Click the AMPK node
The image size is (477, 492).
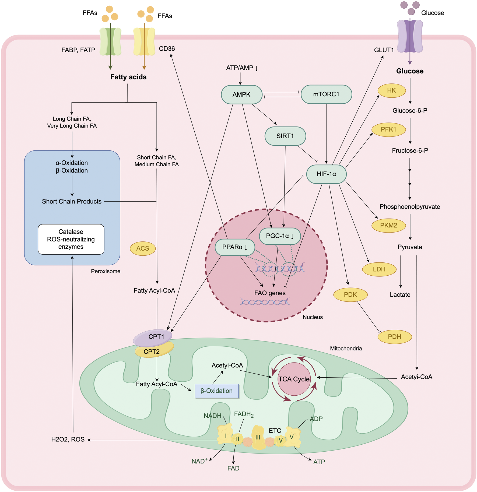pyautogui.click(x=241, y=94)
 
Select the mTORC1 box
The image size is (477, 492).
pyautogui.click(x=326, y=94)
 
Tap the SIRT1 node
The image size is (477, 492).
pyautogui.click(x=285, y=136)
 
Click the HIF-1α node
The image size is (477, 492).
pyautogui.click(x=326, y=174)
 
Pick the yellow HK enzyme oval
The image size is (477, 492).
pyautogui.click(x=391, y=90)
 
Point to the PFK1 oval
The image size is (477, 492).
pyautogui.click(x=388, y=129)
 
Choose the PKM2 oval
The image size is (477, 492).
pyautogui.click(x=388, y=225)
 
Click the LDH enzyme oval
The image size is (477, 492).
pyautogui.click(x=379, y=269)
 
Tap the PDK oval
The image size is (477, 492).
pyautogui.click(x=350, y=295)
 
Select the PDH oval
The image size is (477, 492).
pyautogui.click(x=394, y=337)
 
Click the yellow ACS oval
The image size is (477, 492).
pyautogui.click(x=143, y=248)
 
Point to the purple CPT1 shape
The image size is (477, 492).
pyautogui.click(x=153, y=338)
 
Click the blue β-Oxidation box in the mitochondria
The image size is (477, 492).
pyautogui.click(x=217, y=391)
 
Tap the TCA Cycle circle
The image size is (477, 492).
pyautogui.click(x=294, y=379)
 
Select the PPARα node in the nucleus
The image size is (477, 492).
pyautogui.click(x=235, y=247)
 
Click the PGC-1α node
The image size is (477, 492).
pyautogui.click(x=280, y=236)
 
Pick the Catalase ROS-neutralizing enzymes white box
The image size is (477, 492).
pyautogui.click(x=71, y=239)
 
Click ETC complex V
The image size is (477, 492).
pyautogui.click(x=292, y=437)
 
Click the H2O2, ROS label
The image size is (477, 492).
pyautogui.click(x=68, y=440)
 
